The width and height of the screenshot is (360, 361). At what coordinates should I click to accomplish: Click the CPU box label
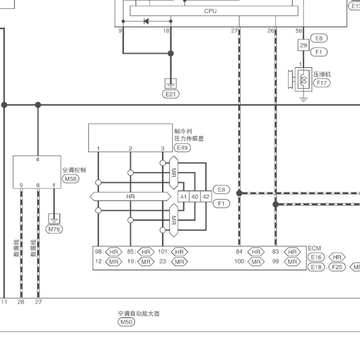pyautogui.click(x=210, y=11)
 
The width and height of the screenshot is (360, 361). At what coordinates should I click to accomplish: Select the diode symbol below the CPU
pyautogui.click(x=146, y=22)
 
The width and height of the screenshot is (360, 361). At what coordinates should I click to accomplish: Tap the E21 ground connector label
pyautogui.click(x=170, y=94)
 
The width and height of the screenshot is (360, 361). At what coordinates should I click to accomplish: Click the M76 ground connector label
pyautogui.click(x=54, y=229)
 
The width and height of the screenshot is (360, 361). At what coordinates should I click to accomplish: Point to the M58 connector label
pyautogui.click(x=70, y=179)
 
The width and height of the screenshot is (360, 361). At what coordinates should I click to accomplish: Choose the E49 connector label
pyautogui.click(x=182, y=148)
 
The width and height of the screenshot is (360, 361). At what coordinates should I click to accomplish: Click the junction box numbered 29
pyautogui.click(x=304, y=45)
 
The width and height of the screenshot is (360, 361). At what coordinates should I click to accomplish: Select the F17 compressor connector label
pyautogui.click(x=322, y=83)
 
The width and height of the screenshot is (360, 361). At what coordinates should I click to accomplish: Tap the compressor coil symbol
pyautogui.click(x=304, y=79)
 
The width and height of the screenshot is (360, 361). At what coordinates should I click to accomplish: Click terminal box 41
pyautogui.click(x=184, y=197)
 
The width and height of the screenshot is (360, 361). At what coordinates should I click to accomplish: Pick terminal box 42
pyautogui.click(x=206, y=197)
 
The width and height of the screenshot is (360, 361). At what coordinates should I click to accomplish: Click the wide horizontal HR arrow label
pyautogui.click(x=130, y=197)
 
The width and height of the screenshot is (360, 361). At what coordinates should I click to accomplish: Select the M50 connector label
pyautogui.click(x=126, y=322)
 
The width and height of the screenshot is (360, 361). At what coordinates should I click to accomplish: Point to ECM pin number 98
pyautogui.click(x=98, y=252)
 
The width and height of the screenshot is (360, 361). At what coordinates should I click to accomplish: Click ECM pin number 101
pyautogui.click(x=163, y=252)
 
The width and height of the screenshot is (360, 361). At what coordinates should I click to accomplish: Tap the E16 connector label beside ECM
pyautogui.click(x=316, y=257)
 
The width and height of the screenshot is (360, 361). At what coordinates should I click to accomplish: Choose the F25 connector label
pyautogui.click(x=337, y=267)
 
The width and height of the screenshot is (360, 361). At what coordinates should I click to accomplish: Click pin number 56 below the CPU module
pyautogui.click(x=299, y=31)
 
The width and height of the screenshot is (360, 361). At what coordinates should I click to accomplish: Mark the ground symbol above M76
pyautogui.click(x=54, y=219)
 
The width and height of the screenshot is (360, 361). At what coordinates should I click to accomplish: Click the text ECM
pyautogui.click(x=314, y=248)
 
